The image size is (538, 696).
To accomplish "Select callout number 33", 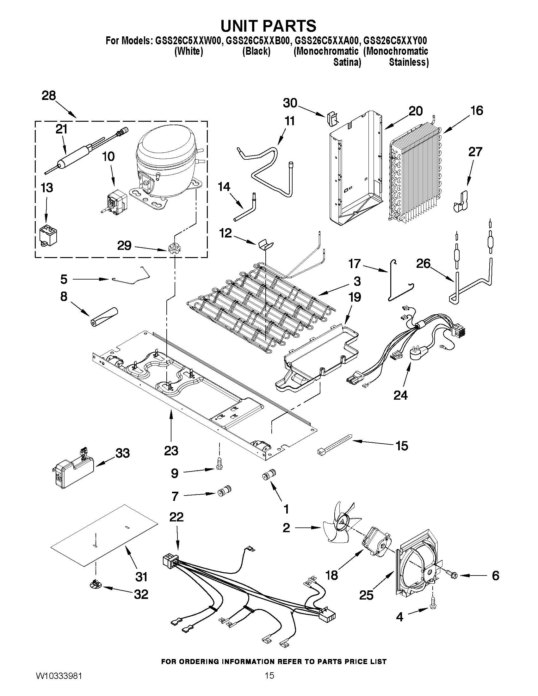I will [122, 453].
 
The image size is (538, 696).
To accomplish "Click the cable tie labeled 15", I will [335, 443].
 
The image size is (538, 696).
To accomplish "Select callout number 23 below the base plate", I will [171, 451].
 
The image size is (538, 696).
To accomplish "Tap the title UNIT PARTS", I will [268, 26].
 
